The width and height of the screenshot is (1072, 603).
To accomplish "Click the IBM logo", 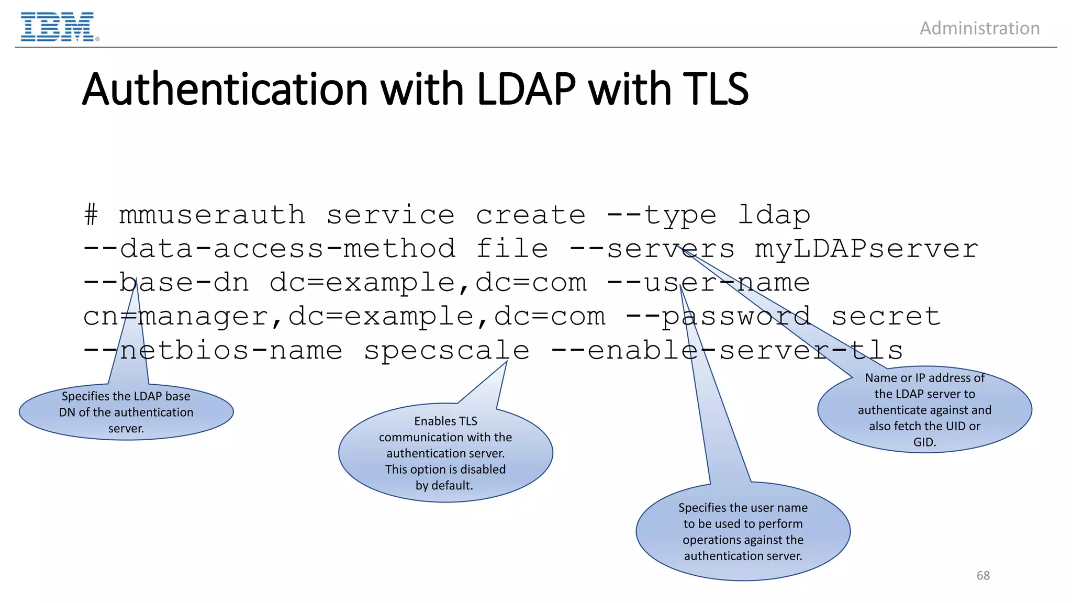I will tap(58, 27).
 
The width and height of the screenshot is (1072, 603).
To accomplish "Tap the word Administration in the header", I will tap(979, 28).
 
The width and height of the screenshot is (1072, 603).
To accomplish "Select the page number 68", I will tap(983, 575).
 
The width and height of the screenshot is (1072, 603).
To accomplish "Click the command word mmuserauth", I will tap(212, 215).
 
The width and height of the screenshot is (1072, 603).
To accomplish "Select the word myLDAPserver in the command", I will tap(866, 249).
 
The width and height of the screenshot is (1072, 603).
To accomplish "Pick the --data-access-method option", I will tap(270, 249).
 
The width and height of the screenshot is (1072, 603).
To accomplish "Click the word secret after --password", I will tap(886, 316).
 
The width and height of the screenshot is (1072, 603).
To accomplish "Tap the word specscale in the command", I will tap(446, 350).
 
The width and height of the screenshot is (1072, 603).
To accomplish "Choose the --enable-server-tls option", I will tap(727, 350).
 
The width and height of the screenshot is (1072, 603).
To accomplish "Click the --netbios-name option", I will tap(213, 350).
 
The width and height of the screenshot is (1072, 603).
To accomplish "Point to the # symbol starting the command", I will tap(91, 215).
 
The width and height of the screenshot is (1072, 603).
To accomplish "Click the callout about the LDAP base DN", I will tap(126, 412).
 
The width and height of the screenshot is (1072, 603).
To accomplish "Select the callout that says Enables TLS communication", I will tap(445, 453).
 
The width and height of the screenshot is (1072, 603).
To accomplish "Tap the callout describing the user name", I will tap(743, 531).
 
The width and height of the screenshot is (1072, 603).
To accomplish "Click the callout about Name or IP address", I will tap(924, 410).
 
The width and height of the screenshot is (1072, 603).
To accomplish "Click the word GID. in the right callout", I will tap(924, 442).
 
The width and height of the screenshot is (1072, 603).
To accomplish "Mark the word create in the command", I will tap(530, 215).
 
